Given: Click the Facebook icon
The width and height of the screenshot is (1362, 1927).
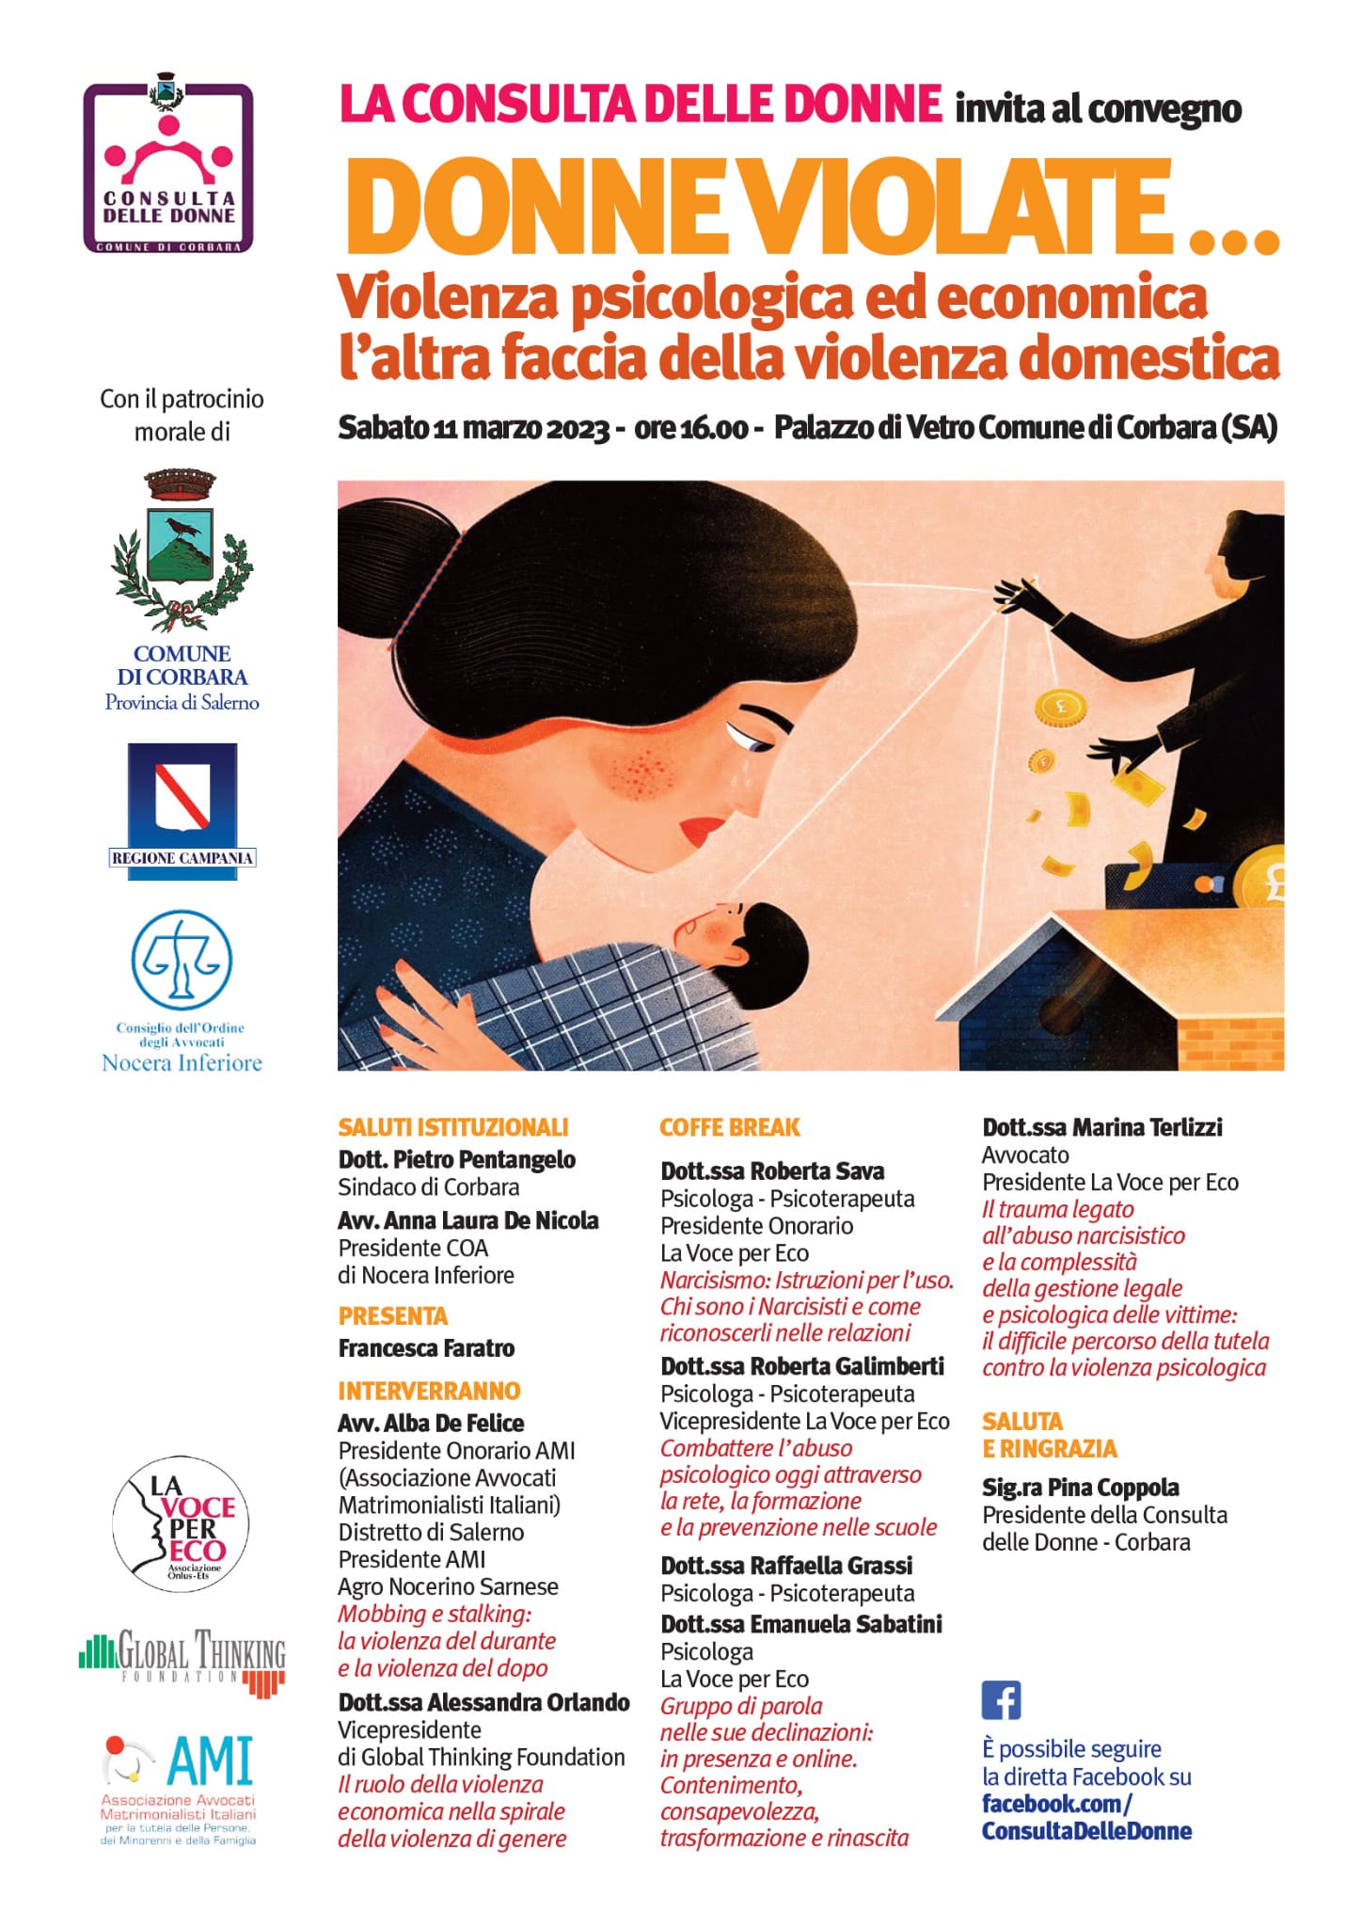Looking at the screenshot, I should pyautogui.click(x=1001, y=1700).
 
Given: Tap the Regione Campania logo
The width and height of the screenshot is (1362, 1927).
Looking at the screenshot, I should pyautogui.click(x=182, y=811).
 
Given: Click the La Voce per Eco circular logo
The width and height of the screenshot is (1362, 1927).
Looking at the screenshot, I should pyautogui.click(x=182, y=1523).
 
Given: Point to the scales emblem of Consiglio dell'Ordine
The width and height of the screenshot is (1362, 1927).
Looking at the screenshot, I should pyautogui.click(x=182, y=960).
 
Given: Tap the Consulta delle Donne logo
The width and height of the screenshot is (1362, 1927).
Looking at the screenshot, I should pyautogui.click(x=169, y=167).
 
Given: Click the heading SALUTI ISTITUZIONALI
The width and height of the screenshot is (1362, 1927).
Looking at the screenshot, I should pyautogui.click(x=453, y=1127).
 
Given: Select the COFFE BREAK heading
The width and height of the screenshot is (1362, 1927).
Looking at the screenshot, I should pyautogui.click(x=730, y=1127).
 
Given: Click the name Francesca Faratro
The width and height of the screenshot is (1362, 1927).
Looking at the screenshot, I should pyautogui.click(x=426, y=1348).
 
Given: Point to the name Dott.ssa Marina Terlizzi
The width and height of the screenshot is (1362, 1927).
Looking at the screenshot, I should pyautogui.click(x=1102, y=1127).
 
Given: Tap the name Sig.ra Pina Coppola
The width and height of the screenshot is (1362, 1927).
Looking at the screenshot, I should pyautogui.click(x=1081, y=1488).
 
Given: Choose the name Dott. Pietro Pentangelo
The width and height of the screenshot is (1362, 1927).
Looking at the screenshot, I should pyautogui.click(x=457, y=1159).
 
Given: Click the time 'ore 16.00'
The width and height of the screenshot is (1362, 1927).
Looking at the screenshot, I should pyautogui.click(x=691, y=429).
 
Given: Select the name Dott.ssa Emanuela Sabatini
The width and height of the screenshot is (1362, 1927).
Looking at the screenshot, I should pyautogui.click(x=801, y=1624).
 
